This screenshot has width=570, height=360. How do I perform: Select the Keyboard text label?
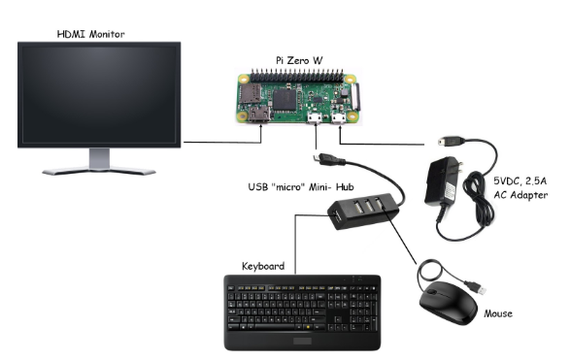coord(262,265)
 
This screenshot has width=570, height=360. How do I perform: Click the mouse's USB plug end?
coord(478,286)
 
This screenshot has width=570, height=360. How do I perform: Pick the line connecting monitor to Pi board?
coord(223,143)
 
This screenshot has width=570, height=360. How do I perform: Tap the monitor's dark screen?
coord(98,94)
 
